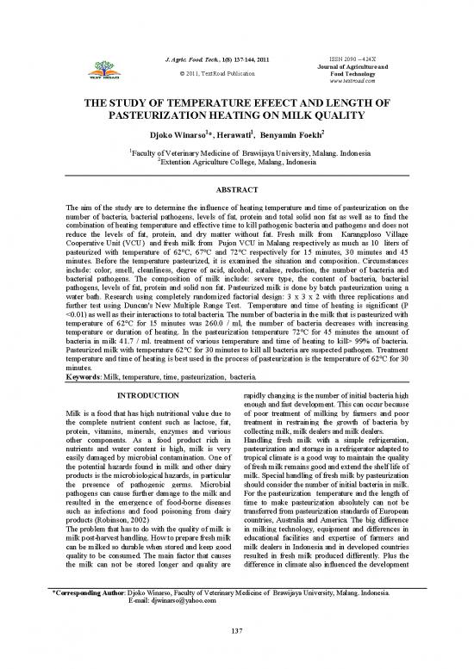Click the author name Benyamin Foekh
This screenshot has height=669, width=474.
293,136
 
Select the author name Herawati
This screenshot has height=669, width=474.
230,136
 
